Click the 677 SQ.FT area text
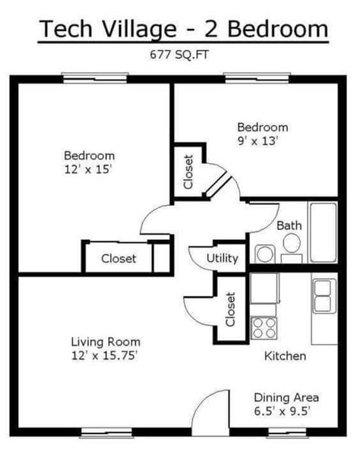179,55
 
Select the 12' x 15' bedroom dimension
88,170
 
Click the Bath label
289,226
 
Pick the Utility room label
223,258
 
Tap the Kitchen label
285,356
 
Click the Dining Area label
286,398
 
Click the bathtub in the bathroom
323,232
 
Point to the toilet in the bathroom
292,247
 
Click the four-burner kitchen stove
264,328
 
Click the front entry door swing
210,412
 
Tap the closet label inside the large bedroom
118,259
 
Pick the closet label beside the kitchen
230,309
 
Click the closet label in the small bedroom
188,172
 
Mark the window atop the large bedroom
95,78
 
